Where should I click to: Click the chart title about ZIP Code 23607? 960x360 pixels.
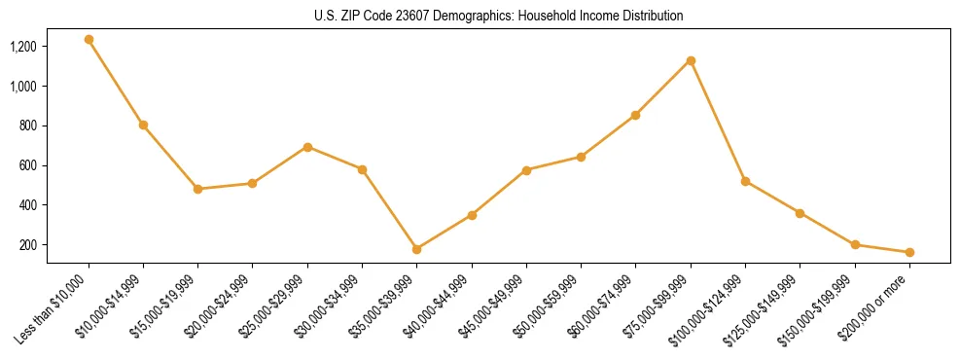click(499, 17)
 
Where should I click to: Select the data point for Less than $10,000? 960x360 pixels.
click(89, 40)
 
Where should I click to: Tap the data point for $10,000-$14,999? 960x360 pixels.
click(143, 125)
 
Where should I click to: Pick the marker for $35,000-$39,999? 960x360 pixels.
click(417, 249)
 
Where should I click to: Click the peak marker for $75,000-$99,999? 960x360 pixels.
click(691, 60)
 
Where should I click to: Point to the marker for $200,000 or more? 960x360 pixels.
click(909, 252)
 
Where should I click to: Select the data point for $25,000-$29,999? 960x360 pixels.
click(307, 147)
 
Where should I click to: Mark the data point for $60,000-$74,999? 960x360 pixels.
click(636, 115)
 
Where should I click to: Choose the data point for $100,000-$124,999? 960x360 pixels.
click(745, 181)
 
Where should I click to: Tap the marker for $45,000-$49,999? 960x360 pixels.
click(526, 170)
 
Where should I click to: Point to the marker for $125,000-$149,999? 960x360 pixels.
click(800, 213)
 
